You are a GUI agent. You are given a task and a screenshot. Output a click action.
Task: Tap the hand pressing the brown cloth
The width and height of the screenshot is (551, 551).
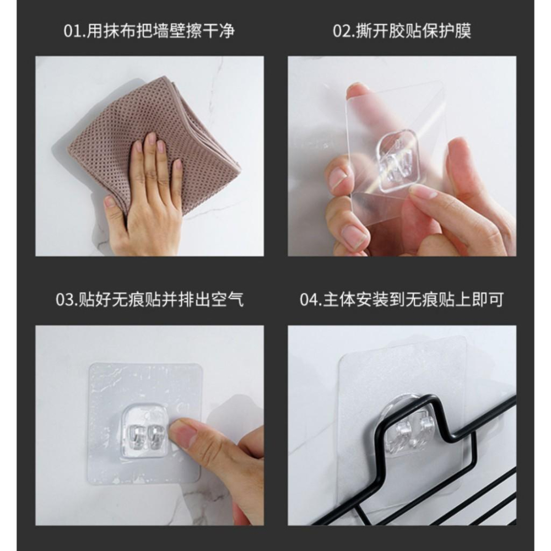pos(146,198)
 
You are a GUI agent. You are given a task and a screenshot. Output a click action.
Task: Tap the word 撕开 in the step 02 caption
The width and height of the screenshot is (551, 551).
pos(375,30)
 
